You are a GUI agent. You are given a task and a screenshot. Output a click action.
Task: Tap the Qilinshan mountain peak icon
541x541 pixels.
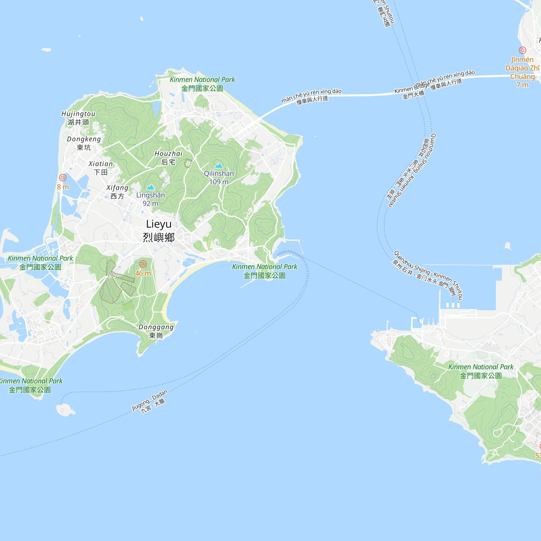click(219, 166)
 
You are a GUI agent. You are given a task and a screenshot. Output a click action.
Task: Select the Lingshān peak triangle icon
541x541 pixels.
click(151, 187)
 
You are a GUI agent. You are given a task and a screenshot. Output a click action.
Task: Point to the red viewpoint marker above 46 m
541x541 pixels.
click(143, 264)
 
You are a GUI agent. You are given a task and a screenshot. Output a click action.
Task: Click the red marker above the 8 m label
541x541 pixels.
click(63, 177)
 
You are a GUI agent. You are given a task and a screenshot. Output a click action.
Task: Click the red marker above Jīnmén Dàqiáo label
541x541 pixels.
click(522, 50)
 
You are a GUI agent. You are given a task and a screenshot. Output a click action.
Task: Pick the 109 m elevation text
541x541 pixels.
click(219, 182)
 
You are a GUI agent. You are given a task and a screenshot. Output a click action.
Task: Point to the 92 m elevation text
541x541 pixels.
click(150, 203)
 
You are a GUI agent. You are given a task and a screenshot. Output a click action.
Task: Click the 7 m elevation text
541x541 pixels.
click(522, 85)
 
